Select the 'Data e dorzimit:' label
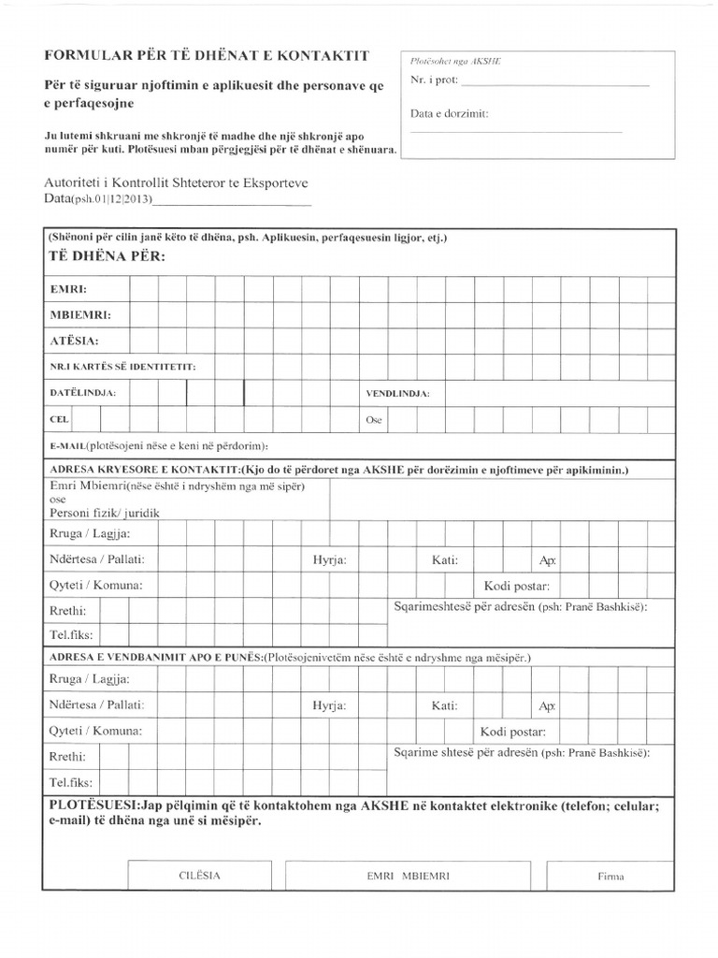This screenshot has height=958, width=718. tap(449, 114)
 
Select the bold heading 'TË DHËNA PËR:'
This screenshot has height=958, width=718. tap(105, 256)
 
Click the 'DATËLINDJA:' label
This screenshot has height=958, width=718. tap(82, 394)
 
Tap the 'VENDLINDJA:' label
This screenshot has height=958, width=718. tap(397, 394)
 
